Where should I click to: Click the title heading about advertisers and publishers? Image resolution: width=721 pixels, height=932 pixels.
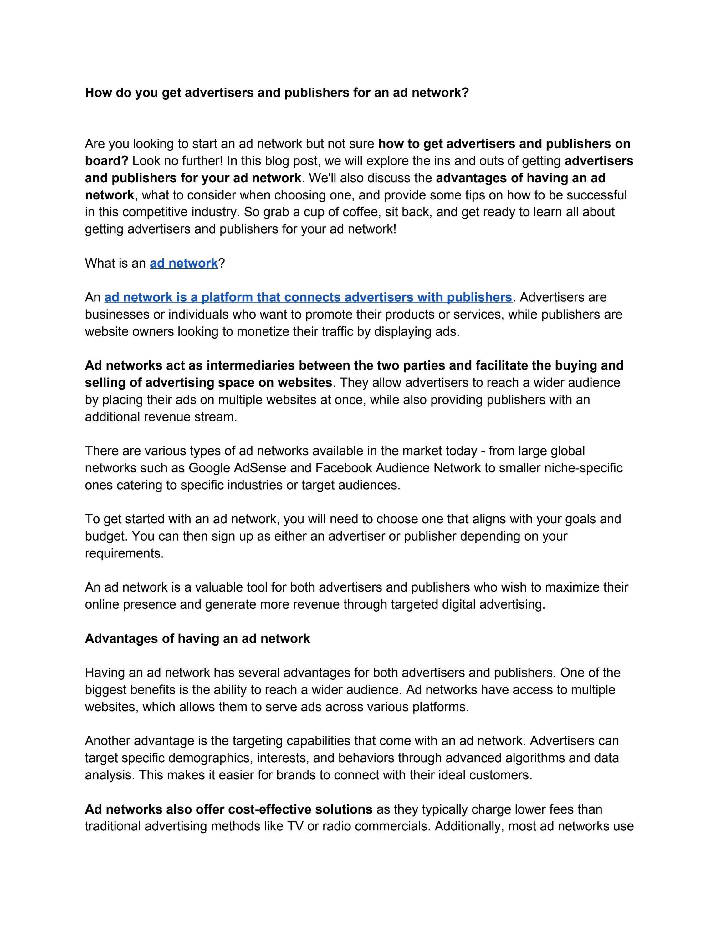point(277,93)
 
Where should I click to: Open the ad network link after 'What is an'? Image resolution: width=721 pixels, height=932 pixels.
point(184,263)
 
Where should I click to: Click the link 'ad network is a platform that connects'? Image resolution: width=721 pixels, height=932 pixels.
point(308,297)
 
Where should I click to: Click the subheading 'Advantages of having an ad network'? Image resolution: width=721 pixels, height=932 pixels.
point(197,639)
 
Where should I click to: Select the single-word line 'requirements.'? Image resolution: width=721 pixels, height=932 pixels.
point(124,553)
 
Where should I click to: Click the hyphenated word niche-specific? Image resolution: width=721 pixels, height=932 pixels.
point(583,468)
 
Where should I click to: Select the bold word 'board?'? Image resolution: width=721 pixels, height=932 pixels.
point(106,161)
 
